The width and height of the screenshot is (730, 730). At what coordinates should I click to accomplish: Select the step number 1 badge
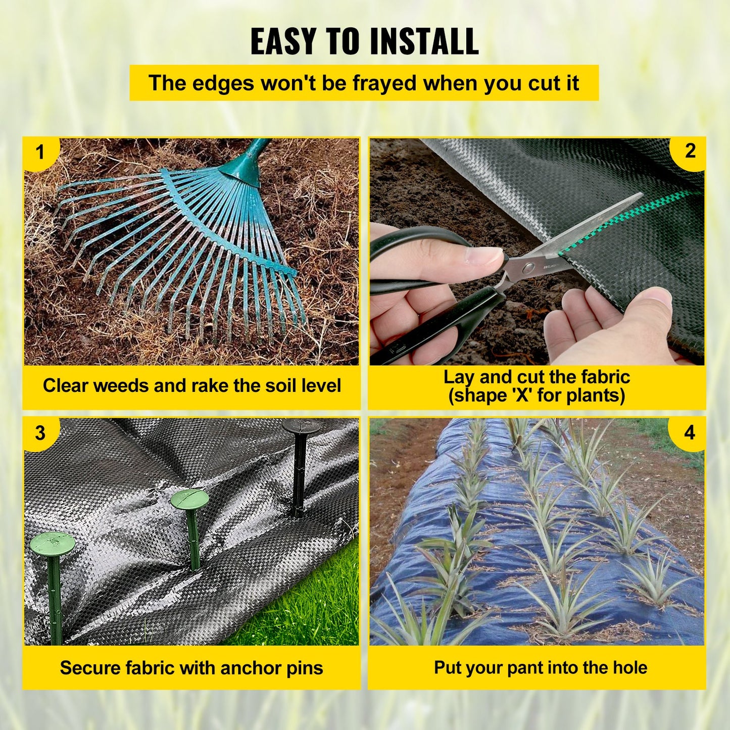(40, 152)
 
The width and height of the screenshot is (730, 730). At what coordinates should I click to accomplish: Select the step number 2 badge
(690, 151)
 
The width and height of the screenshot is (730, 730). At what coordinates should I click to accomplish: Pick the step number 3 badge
(40, 433)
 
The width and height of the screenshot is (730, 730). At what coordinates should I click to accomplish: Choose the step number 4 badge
(690, 432)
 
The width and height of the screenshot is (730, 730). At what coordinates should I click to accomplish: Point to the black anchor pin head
(301, 426)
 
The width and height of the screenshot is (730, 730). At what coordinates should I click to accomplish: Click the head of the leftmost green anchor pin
(53, 544)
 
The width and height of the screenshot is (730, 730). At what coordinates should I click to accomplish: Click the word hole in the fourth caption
(630, 667)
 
